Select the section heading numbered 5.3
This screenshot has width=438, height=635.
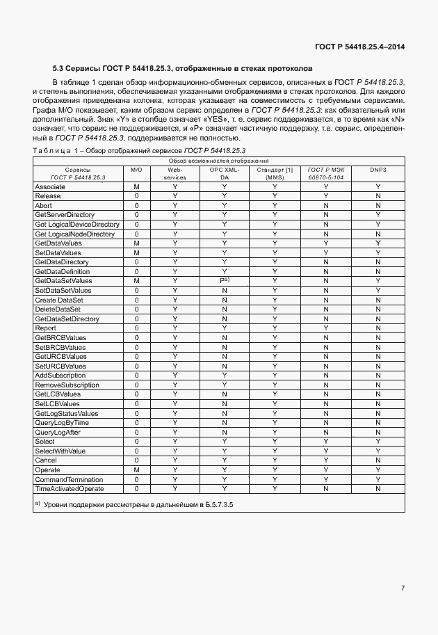tap(183, 68)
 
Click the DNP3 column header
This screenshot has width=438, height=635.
tap(378, 169)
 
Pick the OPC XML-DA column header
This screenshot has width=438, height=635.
tap(225, 173)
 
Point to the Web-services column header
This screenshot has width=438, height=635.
tap(175, 173)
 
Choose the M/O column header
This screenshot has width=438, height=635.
tap(136, 169)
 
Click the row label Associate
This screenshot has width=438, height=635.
tap(50, 187)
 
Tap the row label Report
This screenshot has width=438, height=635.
tap(45, 328)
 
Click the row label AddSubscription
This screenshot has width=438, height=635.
tap(60, 376)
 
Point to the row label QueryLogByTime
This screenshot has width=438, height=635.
tap(62, 422)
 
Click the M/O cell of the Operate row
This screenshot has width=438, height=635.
tap(136, 470)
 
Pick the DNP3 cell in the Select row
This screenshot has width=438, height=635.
tap(378, 442)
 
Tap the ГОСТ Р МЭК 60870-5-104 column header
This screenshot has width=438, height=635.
tap(326, 173)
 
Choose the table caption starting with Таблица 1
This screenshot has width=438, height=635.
tap(139, 150)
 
